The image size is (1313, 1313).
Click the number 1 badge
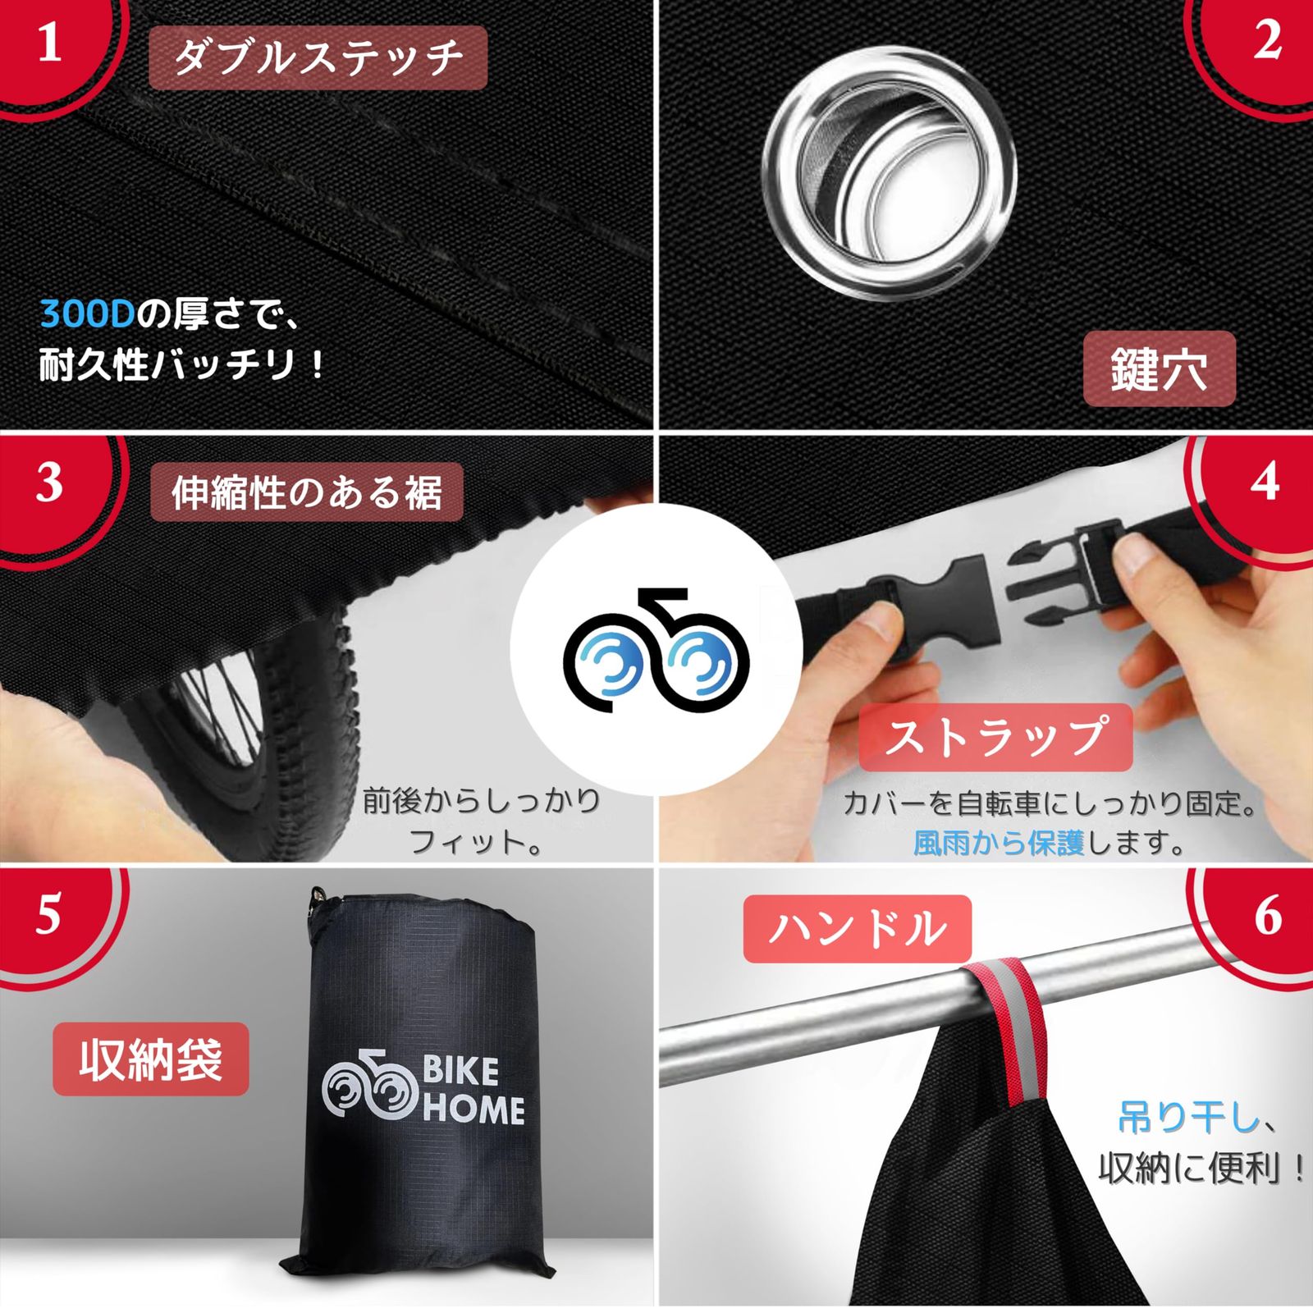pos(49,45)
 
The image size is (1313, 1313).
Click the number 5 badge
pos(48,913)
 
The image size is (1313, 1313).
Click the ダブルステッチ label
pos(318,57)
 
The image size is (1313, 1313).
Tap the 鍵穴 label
pos(1159,369)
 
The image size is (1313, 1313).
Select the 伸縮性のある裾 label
pos(307,492)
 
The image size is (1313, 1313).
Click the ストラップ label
pos(995,736)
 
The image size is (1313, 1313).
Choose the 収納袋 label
pos(151,1059)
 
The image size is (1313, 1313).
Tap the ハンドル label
pos(858,929)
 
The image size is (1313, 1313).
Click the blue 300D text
pos(87,313)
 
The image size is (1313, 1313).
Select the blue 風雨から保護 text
pos(999,843)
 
